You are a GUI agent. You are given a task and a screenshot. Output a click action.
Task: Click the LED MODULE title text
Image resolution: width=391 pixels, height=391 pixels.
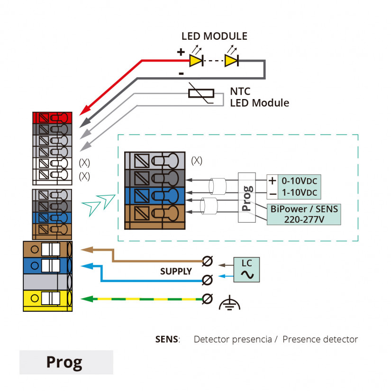214,36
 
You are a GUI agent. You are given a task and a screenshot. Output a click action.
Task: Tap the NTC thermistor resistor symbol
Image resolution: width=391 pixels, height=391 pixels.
201,93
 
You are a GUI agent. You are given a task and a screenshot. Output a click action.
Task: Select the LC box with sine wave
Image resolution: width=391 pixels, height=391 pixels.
247,270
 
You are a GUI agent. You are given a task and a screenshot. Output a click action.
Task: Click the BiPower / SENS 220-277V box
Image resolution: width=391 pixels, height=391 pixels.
303,214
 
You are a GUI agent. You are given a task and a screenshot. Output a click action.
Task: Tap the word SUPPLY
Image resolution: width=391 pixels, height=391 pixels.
176,272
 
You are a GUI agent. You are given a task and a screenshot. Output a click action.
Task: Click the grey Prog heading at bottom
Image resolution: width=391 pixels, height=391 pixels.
66,362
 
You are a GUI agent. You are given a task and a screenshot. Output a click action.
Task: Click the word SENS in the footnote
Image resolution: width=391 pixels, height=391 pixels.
167,339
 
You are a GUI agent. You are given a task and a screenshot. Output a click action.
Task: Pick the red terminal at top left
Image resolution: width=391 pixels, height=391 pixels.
52,117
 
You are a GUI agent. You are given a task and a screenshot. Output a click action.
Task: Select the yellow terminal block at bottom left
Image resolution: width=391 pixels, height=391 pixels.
47,299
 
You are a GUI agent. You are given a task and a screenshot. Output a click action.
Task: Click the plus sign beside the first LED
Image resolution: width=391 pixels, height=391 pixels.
181,53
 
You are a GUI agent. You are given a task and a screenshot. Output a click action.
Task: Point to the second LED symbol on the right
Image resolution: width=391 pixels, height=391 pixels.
231,60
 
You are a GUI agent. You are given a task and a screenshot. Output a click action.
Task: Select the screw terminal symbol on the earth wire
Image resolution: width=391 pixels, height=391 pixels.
207,299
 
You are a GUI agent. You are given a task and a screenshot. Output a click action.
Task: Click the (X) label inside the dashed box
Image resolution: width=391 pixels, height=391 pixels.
197,161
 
